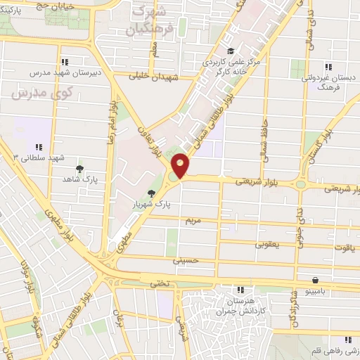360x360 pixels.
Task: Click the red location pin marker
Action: (x=181, y=165)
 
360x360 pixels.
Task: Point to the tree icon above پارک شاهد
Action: (x=79, y=168)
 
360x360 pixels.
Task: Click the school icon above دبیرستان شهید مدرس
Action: (x=65, y=61)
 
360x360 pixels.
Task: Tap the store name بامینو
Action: (x=321, y=289)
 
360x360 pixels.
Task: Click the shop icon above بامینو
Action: (x=321, y=279)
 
